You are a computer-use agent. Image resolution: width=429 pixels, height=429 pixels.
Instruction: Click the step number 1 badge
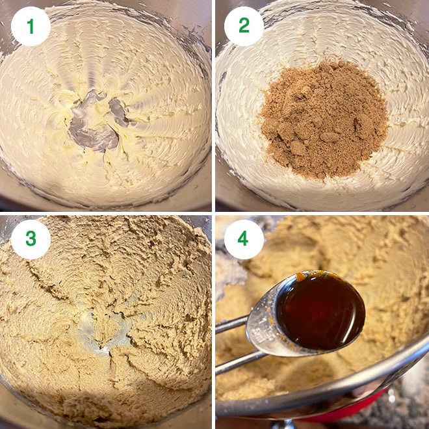pos(31,26)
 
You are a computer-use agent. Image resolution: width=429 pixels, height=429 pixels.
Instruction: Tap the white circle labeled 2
pos(244,26)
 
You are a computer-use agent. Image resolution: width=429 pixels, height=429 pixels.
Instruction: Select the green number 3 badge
pos(31,239)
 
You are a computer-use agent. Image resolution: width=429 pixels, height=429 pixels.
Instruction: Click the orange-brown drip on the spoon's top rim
pos(303,276)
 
